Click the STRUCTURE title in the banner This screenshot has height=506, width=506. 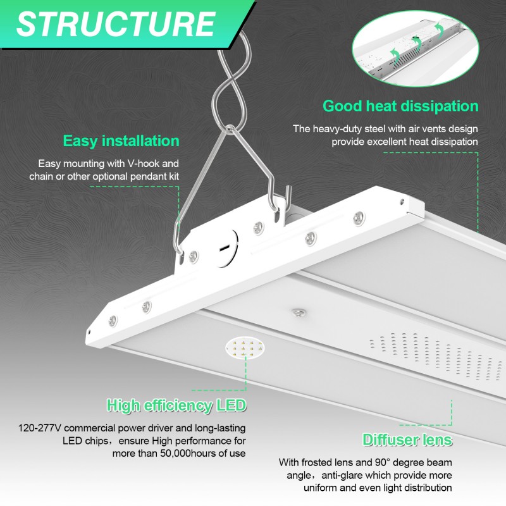click(116, 24)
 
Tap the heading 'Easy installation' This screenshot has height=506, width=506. click(121, 141)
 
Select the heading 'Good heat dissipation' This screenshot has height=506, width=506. click(400, 106)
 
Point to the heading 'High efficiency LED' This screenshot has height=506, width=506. click(176, 405)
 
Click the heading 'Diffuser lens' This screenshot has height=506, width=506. click(407, 440)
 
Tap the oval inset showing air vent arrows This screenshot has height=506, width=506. click(416, 48)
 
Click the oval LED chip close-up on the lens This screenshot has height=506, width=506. click(245, 349)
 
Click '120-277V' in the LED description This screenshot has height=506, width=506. click(40, 428)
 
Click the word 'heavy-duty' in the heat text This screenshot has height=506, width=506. click(339, 129)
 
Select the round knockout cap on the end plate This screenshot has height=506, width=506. click(226, 248)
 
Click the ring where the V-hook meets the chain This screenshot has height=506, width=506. click(229, 128)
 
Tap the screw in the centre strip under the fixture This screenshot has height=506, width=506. click(299, 312)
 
